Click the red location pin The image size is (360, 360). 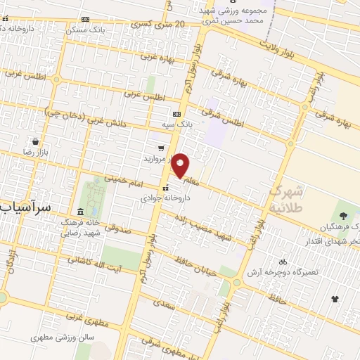[x=181, y=165]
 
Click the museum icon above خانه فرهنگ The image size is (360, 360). [x=80, y=212]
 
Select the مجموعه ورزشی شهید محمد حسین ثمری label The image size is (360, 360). [x=243, y=16]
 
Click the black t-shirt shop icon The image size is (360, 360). [x=335, y=299]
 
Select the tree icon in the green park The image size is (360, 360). [x=344, y=215]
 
